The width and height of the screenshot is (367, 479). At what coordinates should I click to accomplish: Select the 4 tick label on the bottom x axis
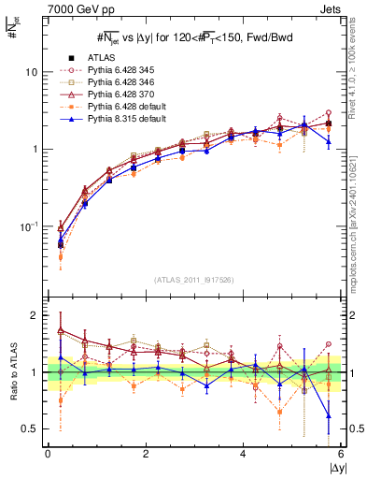[x=244, y=453]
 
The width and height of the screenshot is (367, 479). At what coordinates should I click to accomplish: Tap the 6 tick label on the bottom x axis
[x=341, y=453]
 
